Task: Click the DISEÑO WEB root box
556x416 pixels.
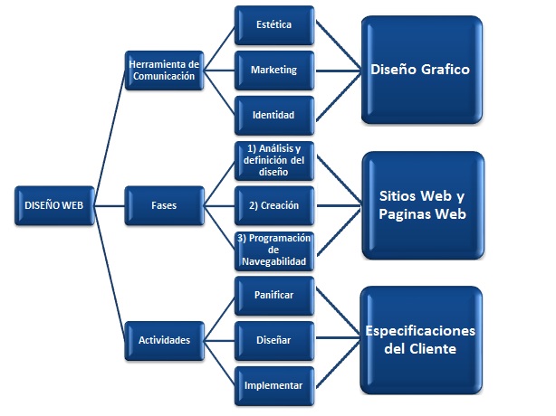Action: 53,205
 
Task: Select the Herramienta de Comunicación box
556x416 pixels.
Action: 162,70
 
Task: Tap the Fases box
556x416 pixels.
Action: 162,205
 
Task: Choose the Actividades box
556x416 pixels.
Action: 162,341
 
